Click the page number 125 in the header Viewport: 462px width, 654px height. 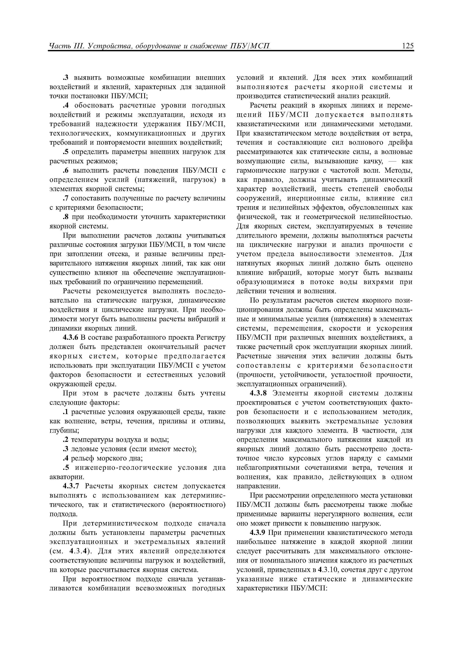[408, 46]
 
